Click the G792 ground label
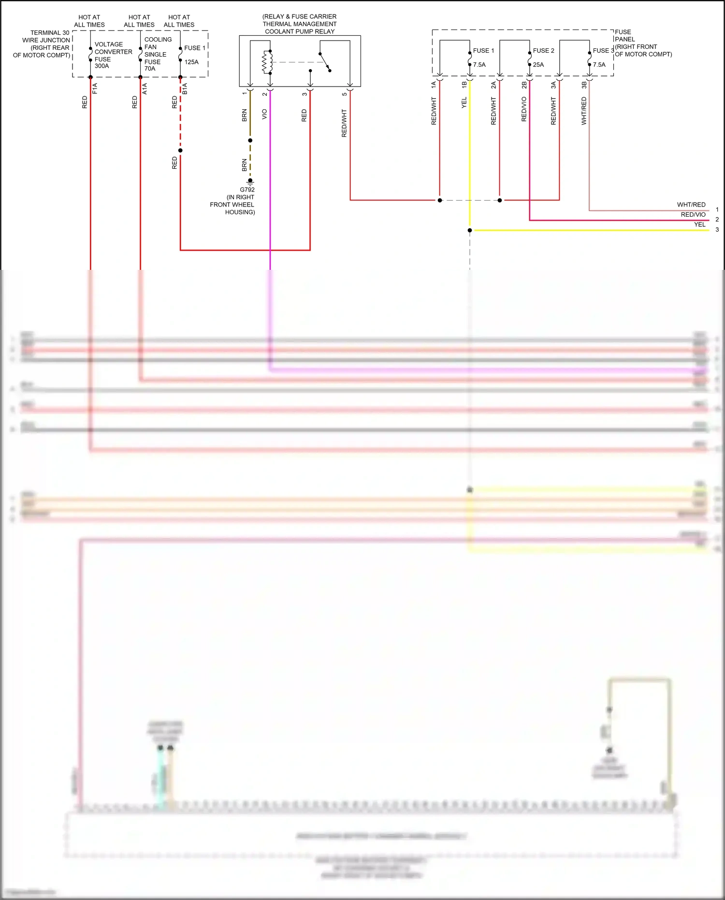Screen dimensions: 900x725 [x=247, y=190]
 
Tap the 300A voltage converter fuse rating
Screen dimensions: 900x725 [x=101, y=66]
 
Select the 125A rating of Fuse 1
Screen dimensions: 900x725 [x=191, y=62]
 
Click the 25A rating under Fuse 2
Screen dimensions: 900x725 [x=538, y=64]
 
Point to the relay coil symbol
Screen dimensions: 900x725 [x=266, y=62]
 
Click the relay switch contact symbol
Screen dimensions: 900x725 [x=325, y=61]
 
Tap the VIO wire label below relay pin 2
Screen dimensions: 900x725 [x=264, y=114]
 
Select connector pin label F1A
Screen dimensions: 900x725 [x=95, y=88]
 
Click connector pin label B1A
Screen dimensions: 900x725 [x=185, y=89]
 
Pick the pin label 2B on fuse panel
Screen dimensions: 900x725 [x=524, y=85]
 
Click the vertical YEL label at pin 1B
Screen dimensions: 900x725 [x=464, y=103]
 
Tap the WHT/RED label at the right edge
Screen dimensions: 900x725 [x=691, y=205]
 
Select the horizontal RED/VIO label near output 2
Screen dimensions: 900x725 [x=693, y=215]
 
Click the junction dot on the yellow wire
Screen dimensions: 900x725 [x=470, y=230]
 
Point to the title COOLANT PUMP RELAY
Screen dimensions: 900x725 [x=300, y=31]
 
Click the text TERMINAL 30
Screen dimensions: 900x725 [x=50, y=33]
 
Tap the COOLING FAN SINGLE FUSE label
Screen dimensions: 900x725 [x=155, y=54]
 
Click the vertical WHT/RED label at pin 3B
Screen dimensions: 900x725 [x=584, y=111]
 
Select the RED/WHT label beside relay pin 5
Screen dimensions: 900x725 [x=344, y=123]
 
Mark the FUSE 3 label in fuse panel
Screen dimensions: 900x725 [x=603, y=50]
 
